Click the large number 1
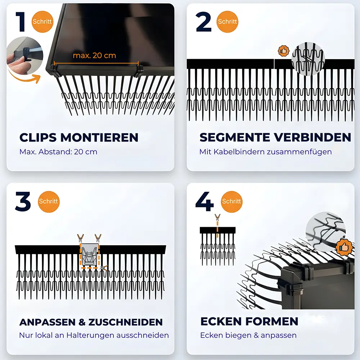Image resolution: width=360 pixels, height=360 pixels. tap(21, 22)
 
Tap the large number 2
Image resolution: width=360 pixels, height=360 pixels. tap(204, 22)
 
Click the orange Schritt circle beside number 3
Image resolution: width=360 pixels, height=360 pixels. tap(49, 202)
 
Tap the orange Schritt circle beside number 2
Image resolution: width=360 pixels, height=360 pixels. tap(227, 22)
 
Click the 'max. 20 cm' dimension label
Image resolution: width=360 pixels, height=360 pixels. tap(94, 55)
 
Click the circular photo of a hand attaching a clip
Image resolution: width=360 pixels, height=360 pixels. tap(24, 56)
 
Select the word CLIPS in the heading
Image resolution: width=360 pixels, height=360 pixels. tap(38, 138)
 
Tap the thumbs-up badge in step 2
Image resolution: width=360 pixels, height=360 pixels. tap(284, 51)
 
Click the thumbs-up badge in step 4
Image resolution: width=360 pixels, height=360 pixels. tap(344, 247)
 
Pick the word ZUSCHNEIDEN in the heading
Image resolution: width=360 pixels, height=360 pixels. tap(126, 322)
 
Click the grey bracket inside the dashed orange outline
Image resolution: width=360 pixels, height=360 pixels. tap(90, 255)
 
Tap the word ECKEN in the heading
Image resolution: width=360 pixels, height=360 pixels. tap(221, 321)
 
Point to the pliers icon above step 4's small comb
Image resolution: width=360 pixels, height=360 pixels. tap(217, 217)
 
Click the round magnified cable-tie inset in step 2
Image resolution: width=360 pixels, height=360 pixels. tap(308, 59)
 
